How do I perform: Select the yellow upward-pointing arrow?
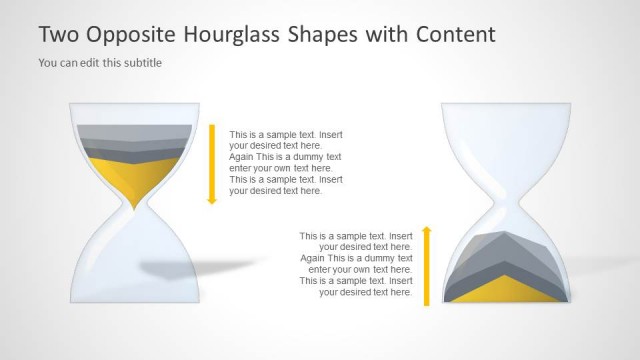tap(426, 266)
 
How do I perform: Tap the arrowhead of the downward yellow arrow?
tap(212, 200)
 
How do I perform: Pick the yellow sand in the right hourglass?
tap(505, 291)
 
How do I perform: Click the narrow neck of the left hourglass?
tap(134, 206)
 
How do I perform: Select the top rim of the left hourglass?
tap(134, 105)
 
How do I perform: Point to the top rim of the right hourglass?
tap(506, 105)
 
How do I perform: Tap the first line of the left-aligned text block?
tap(286, 135)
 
